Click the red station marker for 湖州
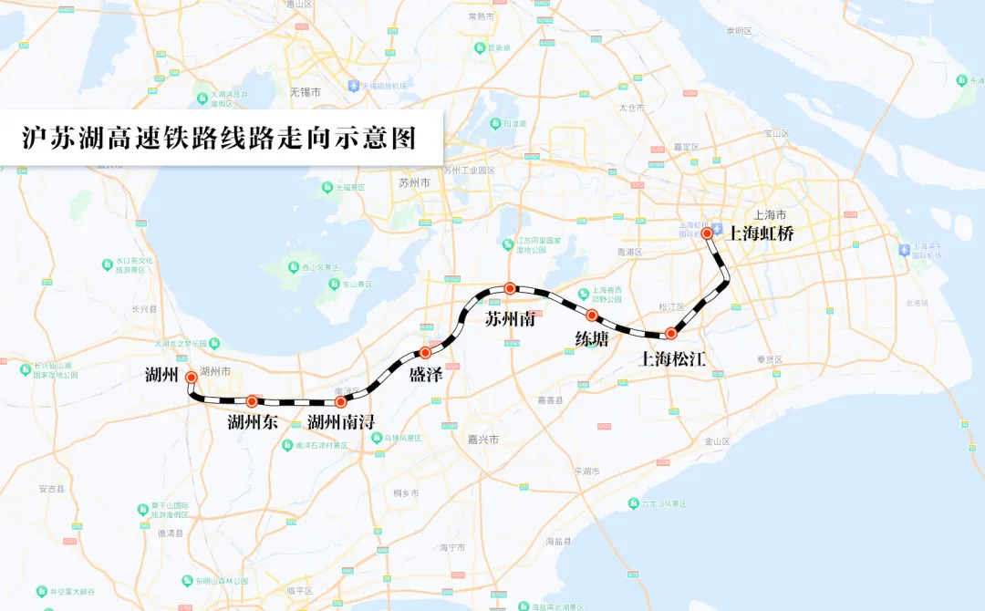click(x=191, y=377)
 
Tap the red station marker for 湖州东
click(x=252, y=401)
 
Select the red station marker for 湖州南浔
click(x=341, y=401)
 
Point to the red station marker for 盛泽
click(x=425, y=352)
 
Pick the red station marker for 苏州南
click(x=511, y=288)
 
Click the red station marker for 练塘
click(x=591, y=316)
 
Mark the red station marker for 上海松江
click(x=671, y=334)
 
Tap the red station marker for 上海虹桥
click(x=707, y=233)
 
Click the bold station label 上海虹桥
click(x=761, y=233)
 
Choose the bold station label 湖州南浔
click(x=341, y=422)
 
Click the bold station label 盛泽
click(x=426, y=374)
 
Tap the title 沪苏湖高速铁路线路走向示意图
click(x=219, y=138)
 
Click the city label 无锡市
click(x=305, y=92)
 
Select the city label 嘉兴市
click(x=482, y=440)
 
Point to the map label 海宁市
click(x=452, y=547)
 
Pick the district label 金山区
click(x=718, y=441)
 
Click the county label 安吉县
click(x=52, y=490)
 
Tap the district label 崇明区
click(x=739, y=31)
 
